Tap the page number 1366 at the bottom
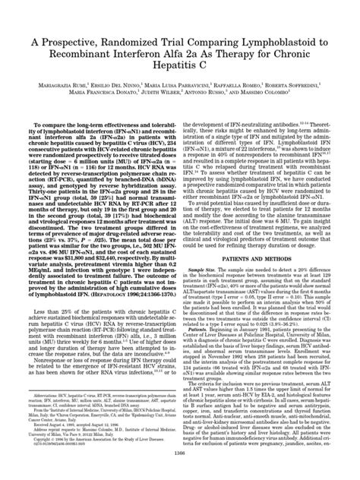pyautogui.click(x=179, y=473)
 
